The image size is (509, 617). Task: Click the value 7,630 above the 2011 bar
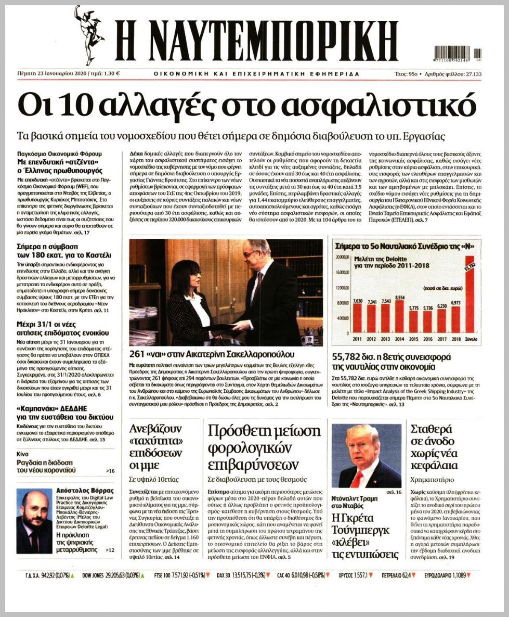357,300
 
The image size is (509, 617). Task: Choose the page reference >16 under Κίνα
110,471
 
